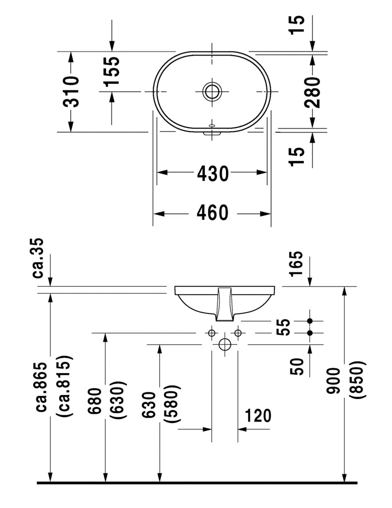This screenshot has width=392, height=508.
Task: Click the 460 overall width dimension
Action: tap(212, 213)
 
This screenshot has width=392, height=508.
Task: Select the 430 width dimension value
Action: tap(212, 173)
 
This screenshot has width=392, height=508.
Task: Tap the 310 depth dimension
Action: tap(71, 91)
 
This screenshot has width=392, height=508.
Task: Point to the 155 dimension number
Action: tap(112, 71)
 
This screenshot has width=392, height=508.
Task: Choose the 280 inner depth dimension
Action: tap(313, 91)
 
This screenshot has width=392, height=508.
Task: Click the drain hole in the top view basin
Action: tap(212, 91)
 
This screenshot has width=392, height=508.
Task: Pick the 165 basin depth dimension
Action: tap(296, 264)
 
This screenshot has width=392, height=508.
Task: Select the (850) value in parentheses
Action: tap(360, 381)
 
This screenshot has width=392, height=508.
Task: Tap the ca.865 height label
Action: tap(50, 387)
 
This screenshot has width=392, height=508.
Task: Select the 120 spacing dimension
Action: tap(257, 415)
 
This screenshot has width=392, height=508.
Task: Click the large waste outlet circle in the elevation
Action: tap(225, 344)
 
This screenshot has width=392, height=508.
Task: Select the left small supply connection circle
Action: tap(211, 333)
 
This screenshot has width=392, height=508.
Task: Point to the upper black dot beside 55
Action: tap(310, 321)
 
